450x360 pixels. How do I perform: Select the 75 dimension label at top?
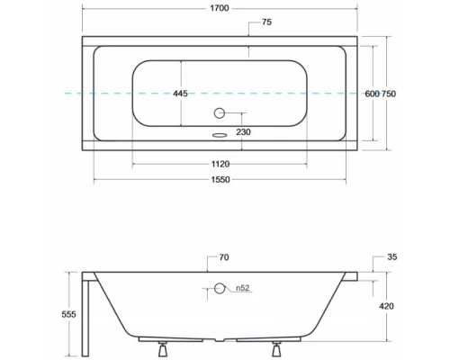tap(266, 22)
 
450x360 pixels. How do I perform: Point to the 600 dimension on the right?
tap(371, 94)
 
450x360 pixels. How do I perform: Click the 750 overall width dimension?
tap(389, 94)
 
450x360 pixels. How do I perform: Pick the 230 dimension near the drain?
tap(242, 132)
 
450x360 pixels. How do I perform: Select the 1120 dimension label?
tap(220, 164)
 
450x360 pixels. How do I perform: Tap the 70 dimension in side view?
tap(223, 258)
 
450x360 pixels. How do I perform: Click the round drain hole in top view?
tap(218, 113)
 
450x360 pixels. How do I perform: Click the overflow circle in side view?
tap(218, 289)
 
